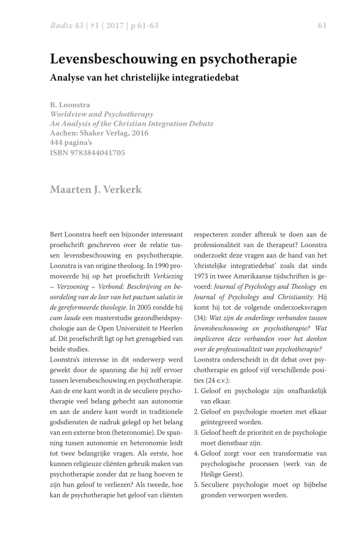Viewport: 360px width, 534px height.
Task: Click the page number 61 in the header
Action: [322, 25]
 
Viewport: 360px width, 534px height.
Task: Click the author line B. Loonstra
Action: [70, 105]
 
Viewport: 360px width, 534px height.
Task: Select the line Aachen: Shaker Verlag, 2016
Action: [100, 133]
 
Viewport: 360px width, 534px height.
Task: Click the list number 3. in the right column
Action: [197, 431]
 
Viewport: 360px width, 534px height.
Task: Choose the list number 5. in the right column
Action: [197, 484]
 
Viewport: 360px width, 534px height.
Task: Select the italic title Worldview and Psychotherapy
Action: [101, 114]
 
